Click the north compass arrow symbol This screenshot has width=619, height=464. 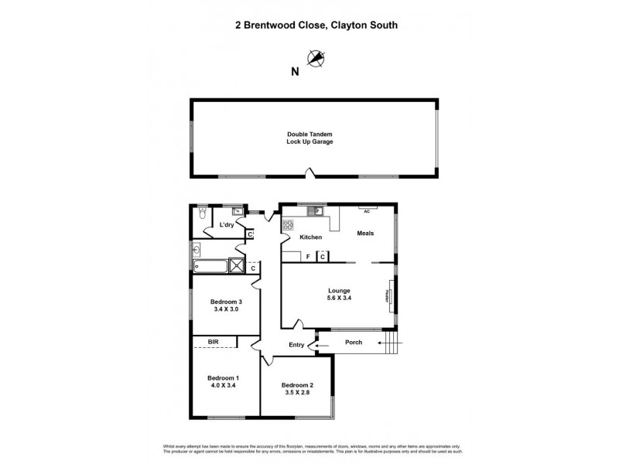point(316,57)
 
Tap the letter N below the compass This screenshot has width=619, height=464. point(294,73)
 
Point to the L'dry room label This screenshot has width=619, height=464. point(227,225)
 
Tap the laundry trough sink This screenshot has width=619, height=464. point(238,210)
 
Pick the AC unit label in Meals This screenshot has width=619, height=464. point(368,209)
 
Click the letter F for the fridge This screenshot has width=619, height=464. point(308,256)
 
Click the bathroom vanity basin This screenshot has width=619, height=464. point(197,249)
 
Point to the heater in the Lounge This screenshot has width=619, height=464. point(389,297)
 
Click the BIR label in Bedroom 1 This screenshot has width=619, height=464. point(212,341)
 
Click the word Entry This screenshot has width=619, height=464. point(296,345)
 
